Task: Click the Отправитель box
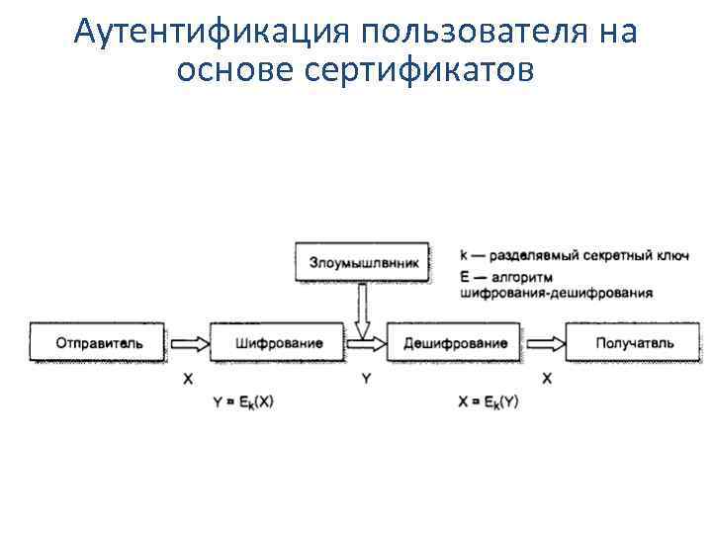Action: (98, 344)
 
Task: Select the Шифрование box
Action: (279, 344)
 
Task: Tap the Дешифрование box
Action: (456, 344)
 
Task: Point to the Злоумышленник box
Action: (364, 264)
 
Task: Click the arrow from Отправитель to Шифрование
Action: (189, 344)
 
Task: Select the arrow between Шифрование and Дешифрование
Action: (368, 344)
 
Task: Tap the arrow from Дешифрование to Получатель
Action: (545, 344)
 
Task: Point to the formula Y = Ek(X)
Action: (246, 401)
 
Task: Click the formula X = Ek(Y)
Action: (489, 401)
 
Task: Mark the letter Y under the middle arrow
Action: (366, 379)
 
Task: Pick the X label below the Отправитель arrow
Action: (188, 379)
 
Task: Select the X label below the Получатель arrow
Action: (547, 379)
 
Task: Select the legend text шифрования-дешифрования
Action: (556, 293)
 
